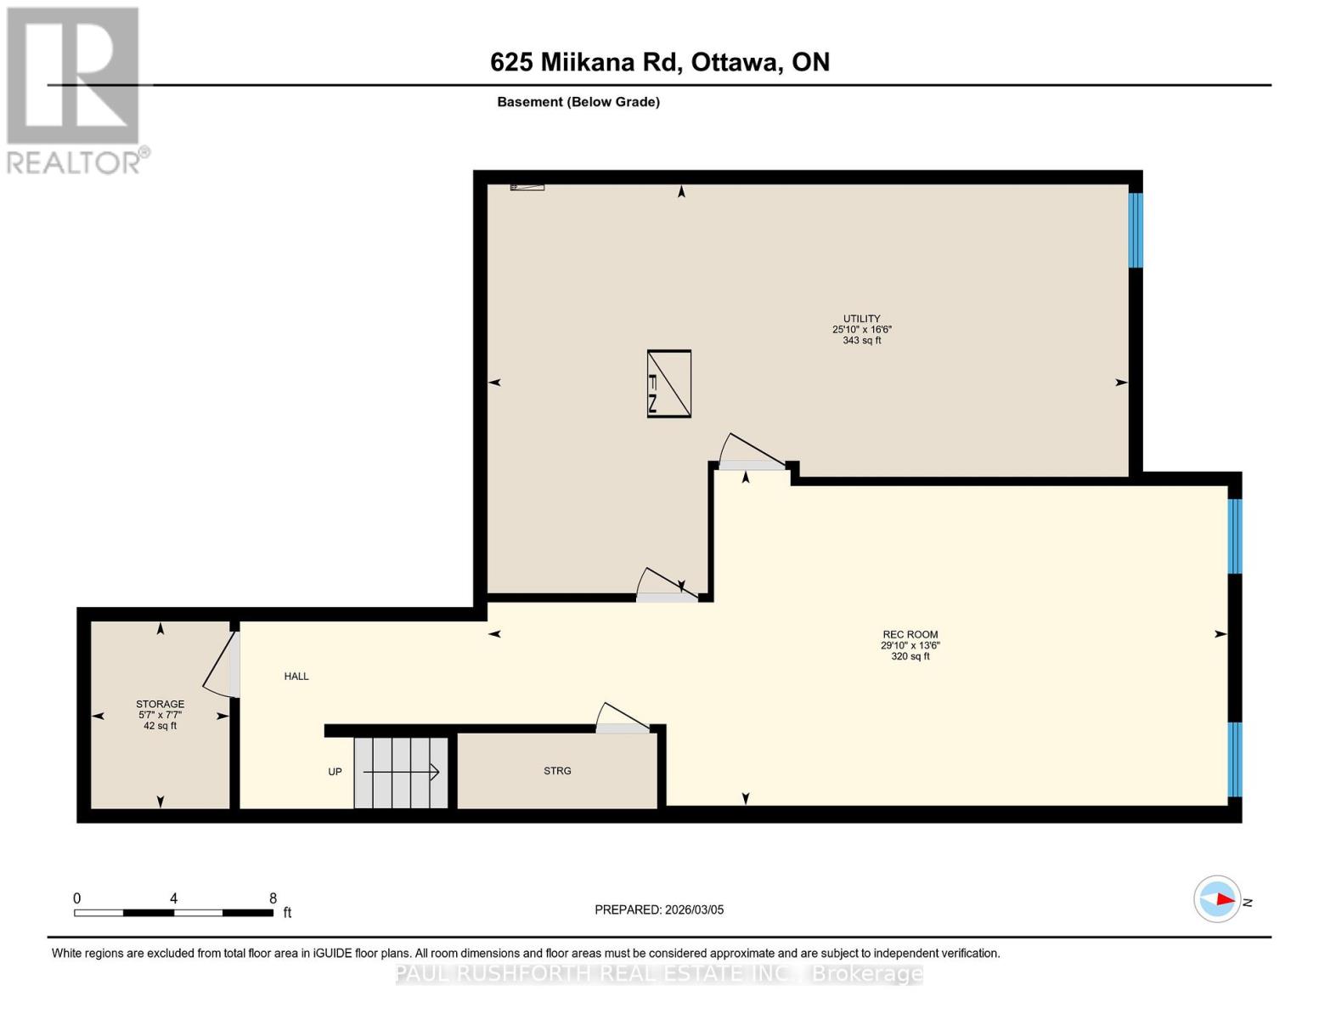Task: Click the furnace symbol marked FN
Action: coord(668,383)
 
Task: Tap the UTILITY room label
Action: coord(861,319)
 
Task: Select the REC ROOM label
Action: coord(910,634)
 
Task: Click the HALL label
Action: coord(296,677)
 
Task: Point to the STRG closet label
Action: coord(557,771)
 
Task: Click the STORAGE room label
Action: coord(160,704)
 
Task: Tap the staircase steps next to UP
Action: coord(401,773)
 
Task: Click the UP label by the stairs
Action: coord(335,772)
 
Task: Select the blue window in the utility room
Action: coord(1136,230)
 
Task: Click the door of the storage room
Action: coord(223,663)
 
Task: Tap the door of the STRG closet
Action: coord(622,719)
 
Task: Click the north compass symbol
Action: coord(1218,899)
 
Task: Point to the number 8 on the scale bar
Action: coord(273,898)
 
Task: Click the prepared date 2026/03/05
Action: coord(659,909)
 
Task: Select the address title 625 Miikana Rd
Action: coord(660,62)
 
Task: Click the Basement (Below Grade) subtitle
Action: coord(578,102)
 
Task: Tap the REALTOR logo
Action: coord(75,90)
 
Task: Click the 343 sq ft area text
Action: coord(861,341)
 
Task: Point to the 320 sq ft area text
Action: coord(910,656)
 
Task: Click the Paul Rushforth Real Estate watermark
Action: coord(659,974)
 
